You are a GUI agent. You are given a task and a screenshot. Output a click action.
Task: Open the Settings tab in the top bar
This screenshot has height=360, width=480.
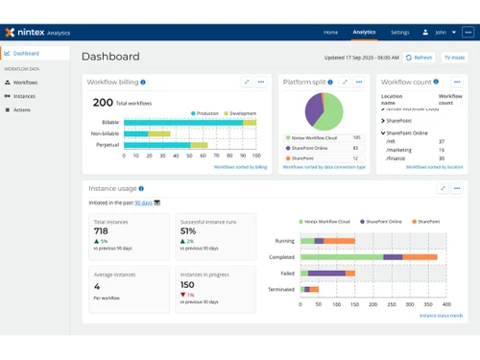point(399,32)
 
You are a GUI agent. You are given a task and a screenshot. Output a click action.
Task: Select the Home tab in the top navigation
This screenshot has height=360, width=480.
point(330,32)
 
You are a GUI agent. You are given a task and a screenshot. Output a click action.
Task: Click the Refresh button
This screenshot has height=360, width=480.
point(419,58)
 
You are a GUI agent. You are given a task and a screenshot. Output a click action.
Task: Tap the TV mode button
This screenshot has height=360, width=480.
point(454,58)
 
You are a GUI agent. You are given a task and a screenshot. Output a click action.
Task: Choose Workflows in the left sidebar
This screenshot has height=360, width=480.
point(25,83)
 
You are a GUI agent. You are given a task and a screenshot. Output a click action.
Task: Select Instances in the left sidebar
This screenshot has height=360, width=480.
point(24,96)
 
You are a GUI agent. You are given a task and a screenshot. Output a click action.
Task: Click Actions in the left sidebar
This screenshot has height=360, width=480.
point(21,109)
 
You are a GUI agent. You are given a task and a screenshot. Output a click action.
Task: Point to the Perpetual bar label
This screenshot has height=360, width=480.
point(108,145)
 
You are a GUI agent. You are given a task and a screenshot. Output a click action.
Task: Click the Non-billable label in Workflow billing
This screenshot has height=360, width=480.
point(105,133)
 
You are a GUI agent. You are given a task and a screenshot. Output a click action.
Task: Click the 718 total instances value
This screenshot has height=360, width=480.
point(101,231)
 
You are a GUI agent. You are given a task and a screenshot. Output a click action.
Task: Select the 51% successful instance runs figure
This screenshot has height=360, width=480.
point(188,231)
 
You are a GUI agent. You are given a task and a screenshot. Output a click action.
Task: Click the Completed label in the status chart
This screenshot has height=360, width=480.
point(281,257)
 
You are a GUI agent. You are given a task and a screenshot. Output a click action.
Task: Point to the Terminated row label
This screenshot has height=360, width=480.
point(281,288)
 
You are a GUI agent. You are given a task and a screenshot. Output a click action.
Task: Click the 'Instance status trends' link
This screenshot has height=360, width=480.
point(441,315)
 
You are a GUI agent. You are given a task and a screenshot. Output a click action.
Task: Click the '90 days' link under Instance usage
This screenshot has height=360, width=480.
point(142,203)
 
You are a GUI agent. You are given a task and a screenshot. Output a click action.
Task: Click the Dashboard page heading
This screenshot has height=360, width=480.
point(110,57)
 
